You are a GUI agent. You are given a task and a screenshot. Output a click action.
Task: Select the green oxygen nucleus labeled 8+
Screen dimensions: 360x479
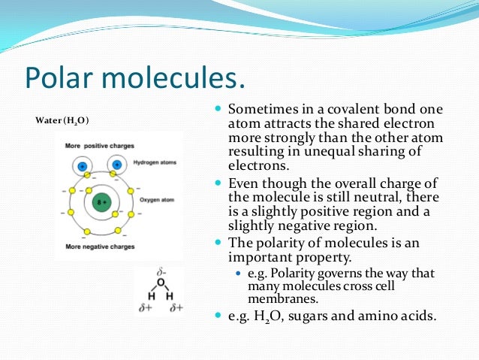[x=98, y=202]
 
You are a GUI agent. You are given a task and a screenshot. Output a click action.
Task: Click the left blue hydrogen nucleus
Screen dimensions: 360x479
[x=83, y=165]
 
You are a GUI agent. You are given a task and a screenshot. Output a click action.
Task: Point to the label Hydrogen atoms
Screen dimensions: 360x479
[x=155, y=162]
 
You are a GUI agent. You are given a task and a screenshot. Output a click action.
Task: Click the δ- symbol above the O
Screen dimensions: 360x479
[x=159, y=271]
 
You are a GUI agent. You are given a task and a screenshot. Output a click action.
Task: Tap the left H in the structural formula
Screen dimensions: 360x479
[x=149, y=296]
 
